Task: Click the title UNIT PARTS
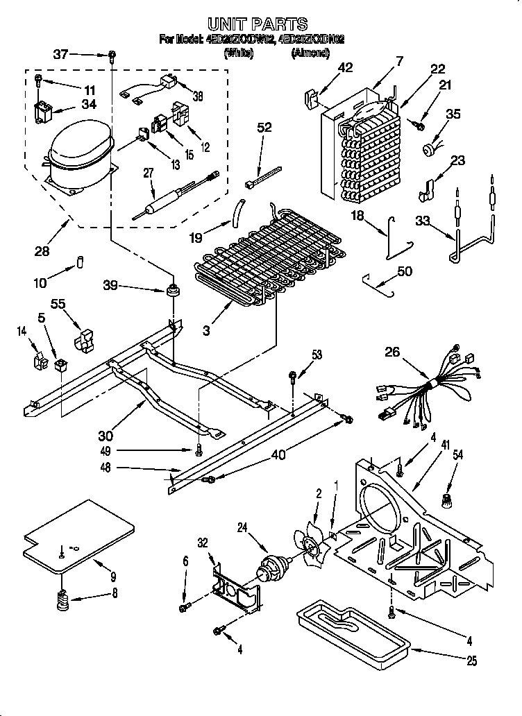click(258, 25)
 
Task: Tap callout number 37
click(61, 55)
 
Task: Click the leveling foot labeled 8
click(62, 598)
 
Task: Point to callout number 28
click(42, 251)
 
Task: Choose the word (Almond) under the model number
click(310, 53)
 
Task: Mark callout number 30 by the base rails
click(106, 436)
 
